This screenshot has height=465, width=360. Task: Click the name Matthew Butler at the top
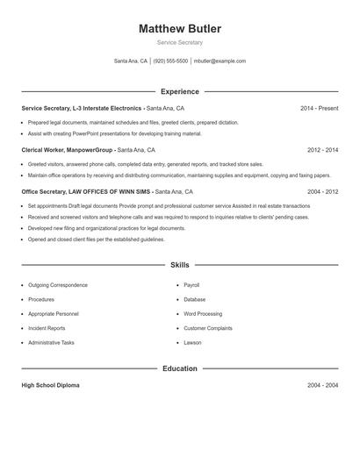pyautogui.click(x=180, y=29)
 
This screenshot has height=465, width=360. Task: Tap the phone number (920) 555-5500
pyautogui.click(x=170, y=61)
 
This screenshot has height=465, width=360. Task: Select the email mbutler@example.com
pyautogui.click(x=220, y=61)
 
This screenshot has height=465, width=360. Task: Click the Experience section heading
pyautogui.click(x=180, y=91)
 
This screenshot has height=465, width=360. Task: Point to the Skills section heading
pyautogui.click(x=180, y=265)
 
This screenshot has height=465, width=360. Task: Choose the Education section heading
pyautogui.click(x=180, y=368)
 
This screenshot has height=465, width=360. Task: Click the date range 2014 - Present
pyautogui.click(x=319, y=108)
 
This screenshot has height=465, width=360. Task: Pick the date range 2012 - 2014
pyautogui.click(x=322, y=150)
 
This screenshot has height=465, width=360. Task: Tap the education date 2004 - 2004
pyautogui.click(x=322, y=386)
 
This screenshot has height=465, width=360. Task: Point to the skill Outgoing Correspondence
pyautogui.click(x=58, y=285)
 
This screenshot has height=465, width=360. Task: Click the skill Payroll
pyautogui.click(x=192, y=285)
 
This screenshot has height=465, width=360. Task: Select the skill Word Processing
pyautogui.click(x=203, y=313)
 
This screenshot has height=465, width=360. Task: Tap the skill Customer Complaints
pyautogui.click(x=208, y=328)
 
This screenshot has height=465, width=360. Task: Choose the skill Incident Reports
pyautogui.click(x=47, y=328)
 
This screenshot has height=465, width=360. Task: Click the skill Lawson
pyautogui.click(x=192, y=342)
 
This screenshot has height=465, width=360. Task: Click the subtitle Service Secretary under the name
pyautogui.click(x=180, y=42)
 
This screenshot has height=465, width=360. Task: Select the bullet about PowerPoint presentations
pyautogui.click(x=114, y=134)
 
